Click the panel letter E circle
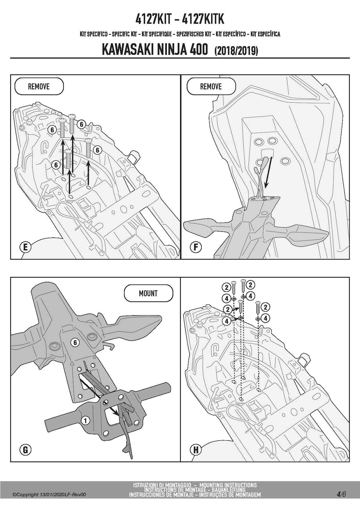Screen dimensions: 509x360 coord(25,247)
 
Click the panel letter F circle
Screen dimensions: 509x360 coord(196,247)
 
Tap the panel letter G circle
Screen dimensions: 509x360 coord(25,450)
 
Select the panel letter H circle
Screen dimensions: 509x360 coord(196,450)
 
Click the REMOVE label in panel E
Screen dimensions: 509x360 coord(39,86)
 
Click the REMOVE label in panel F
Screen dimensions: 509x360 coord(211,86)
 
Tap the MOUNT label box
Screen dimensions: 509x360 coord(148,293)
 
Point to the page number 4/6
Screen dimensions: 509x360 coord(341,494)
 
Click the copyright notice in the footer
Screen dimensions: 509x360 coord(49,495)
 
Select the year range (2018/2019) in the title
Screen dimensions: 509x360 coord(236,51)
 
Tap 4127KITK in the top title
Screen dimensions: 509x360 coord(203,19)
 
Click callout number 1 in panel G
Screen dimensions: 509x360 coord(85,420)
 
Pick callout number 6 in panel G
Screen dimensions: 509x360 coord(75,343)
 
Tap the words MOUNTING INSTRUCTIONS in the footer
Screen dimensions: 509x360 coord(228,485)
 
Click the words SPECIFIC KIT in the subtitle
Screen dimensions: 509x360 coord(124,34)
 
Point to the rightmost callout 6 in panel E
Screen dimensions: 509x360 coord(98,150)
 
